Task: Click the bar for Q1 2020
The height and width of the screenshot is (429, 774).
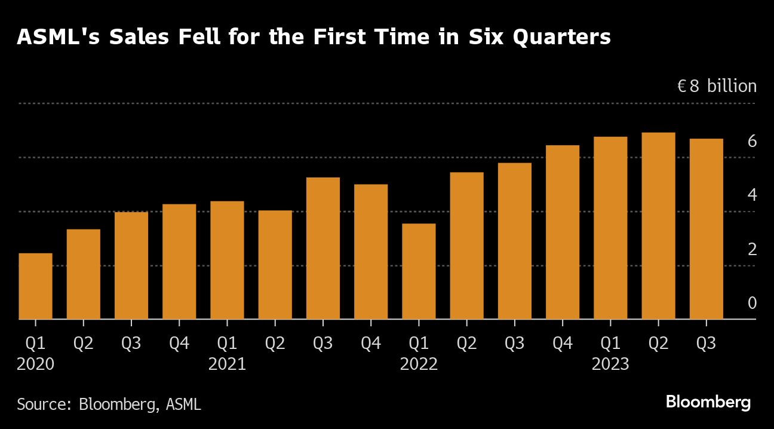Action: pos(35,286)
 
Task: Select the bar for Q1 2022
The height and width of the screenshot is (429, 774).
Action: pos(419,271)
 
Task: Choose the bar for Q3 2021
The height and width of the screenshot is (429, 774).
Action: pos(322,248)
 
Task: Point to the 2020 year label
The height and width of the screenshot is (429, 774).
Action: pos(35,364)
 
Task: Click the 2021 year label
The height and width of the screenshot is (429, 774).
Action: pos(227,364)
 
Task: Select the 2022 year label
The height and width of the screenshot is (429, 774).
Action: pos(419,364)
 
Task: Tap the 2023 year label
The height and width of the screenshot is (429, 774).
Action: pos(610,364)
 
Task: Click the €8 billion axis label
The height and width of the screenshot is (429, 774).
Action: pos(717,86)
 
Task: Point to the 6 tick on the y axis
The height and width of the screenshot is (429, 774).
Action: pos(752,142)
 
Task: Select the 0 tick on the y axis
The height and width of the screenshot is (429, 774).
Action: pos(752,304)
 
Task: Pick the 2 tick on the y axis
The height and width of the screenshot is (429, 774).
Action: pos(752,249)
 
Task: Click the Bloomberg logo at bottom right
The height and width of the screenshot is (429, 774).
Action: pos(708,403)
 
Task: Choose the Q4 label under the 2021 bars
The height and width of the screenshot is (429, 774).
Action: pos(370,344)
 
